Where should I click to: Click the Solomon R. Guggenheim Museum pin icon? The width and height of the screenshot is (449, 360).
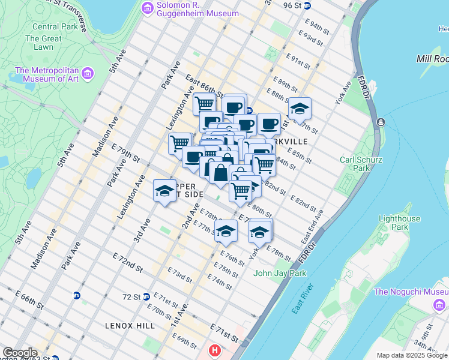tap(147, 8)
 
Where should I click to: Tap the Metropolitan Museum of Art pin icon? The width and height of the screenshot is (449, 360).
tap(88, 74)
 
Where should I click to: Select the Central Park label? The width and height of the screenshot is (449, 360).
tap(53, 26)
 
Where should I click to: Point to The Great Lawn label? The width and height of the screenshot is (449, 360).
tap(43, 43)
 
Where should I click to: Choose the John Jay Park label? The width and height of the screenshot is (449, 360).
tap(280, 273)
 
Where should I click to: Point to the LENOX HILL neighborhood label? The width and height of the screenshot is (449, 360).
tap(130, 326)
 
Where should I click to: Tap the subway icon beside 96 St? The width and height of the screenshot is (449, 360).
tap(307, 5)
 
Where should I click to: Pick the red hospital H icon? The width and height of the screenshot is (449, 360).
tap(214, 350)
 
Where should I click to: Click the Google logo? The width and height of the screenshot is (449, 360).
tap(20, 353)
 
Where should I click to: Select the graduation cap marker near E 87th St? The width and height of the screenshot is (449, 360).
tap(300, 109)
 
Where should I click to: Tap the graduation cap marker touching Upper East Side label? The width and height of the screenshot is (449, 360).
tap(164, 191)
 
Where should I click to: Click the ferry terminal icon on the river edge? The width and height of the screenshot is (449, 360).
tap(380, 122)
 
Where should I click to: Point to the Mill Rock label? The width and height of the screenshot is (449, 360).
tap(432, 59)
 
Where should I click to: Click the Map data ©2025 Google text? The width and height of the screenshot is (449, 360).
tap(412, 355)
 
